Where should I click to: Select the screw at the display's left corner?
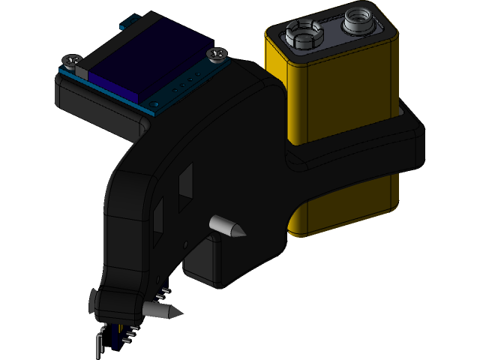73,60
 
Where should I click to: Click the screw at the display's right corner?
217,54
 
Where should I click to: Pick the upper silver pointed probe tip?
228,226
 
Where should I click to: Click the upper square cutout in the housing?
184,182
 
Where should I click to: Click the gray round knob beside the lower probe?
92,302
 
